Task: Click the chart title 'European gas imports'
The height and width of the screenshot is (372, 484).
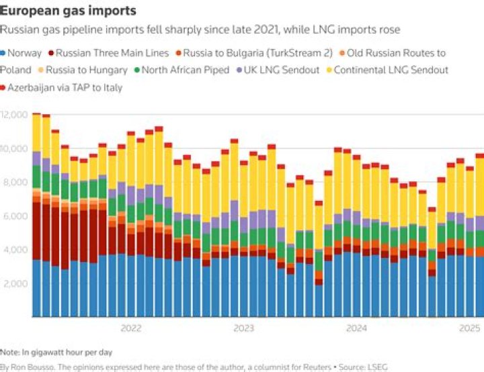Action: [x=68, y=11]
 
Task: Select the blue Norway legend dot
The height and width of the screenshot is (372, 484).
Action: [x=5, y=53]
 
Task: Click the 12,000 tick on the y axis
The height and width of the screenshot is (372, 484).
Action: [x=15, y=115]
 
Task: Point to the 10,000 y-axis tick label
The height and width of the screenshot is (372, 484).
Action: [x=15, y=148]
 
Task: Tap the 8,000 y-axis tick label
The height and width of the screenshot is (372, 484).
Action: [x=15, y=182]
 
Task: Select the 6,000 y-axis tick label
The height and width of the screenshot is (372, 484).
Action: [x=15, y=216]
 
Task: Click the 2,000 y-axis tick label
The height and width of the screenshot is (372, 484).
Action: [x=15, y=283]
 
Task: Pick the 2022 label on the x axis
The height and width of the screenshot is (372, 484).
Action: [x=130, y=328]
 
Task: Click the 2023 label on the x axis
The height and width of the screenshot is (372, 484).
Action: [x=243, y=328]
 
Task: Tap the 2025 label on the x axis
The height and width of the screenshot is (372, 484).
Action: [x=469, y=328]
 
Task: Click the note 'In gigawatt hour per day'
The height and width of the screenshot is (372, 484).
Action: [x=66, y=352]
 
